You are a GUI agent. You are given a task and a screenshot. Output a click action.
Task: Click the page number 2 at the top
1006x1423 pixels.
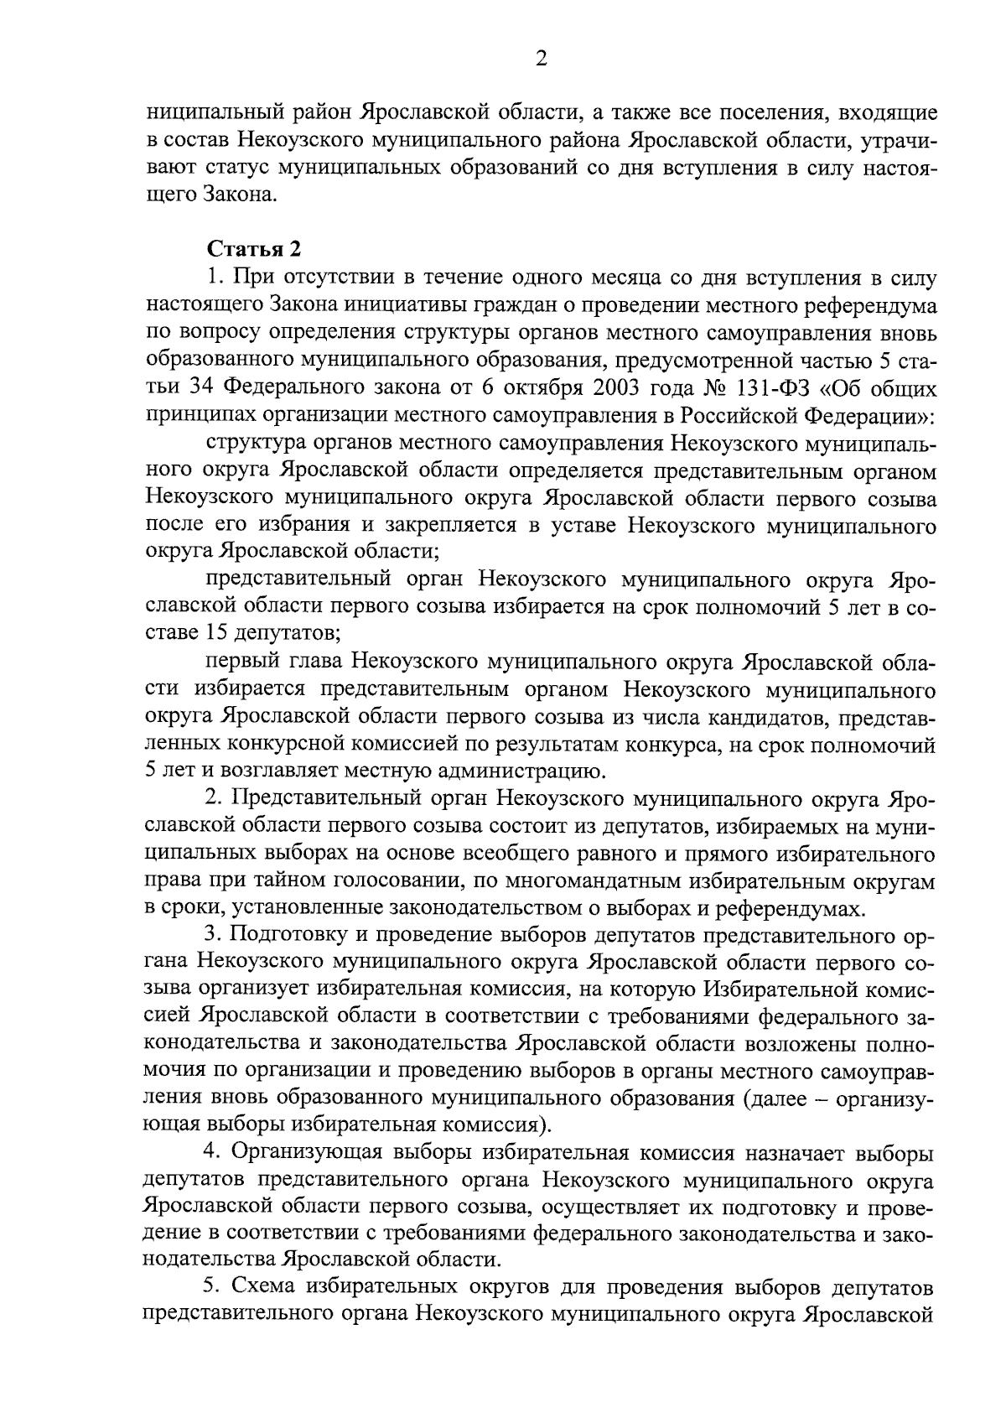(541, 59)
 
